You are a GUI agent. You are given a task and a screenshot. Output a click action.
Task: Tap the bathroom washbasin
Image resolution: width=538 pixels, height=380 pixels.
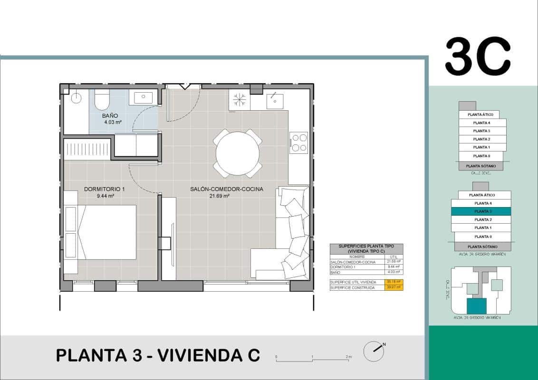(x=143, y=98)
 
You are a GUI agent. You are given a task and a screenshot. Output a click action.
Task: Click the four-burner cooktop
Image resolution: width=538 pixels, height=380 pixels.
(x=299, y=142)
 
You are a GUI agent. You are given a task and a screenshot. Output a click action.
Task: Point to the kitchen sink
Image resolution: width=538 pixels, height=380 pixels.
(x=274, y=101)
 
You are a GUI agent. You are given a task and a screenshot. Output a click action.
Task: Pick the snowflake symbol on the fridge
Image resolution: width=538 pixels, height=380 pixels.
(x=239, y=101)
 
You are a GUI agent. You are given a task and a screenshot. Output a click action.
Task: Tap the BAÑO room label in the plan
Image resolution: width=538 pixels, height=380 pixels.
(x=110, y=115)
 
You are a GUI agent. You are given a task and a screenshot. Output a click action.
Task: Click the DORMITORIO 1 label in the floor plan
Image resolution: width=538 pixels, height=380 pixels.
(x=104, y=189)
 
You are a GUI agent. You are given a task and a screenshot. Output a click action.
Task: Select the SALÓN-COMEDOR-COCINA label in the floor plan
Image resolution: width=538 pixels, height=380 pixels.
(x=226, y=189)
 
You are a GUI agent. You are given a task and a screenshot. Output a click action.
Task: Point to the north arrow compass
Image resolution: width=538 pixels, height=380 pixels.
(x=374, y=351)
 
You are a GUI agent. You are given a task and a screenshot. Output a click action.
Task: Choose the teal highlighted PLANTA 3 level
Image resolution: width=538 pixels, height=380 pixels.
(x=480, y=211)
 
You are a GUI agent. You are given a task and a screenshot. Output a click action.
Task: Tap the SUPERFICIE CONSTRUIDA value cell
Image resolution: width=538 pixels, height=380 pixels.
(x=393, y=287)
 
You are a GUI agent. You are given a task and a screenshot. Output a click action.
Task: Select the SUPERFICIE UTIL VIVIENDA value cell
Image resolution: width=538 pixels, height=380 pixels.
(x=393, y=282)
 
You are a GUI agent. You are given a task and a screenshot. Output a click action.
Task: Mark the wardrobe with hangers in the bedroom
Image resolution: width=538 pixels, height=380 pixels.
(x=88, y=148)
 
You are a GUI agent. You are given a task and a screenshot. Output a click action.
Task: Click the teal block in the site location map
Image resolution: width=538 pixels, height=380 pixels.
(x=477, y=306)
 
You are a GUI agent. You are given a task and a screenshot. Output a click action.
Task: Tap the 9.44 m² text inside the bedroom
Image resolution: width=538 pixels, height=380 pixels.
(x=105, y=196)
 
